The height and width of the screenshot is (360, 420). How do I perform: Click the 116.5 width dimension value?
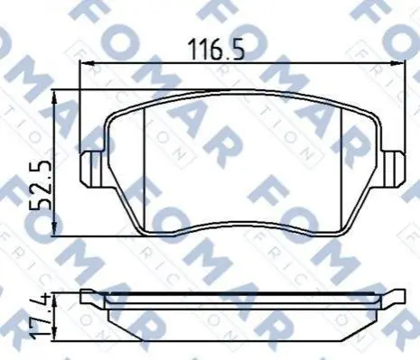coord(216,50)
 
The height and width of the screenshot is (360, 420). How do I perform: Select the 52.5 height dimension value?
coord(40,186)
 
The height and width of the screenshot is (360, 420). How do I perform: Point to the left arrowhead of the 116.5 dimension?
coord(87,63)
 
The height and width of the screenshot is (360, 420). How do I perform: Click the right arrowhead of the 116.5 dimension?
coord(397,63)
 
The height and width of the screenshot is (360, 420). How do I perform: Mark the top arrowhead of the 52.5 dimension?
coord(54,97)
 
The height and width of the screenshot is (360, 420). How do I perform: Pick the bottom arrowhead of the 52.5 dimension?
coord(54,229)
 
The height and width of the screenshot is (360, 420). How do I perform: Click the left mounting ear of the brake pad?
coord(93,169)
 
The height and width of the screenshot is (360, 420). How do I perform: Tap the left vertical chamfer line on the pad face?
coord(145,170)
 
